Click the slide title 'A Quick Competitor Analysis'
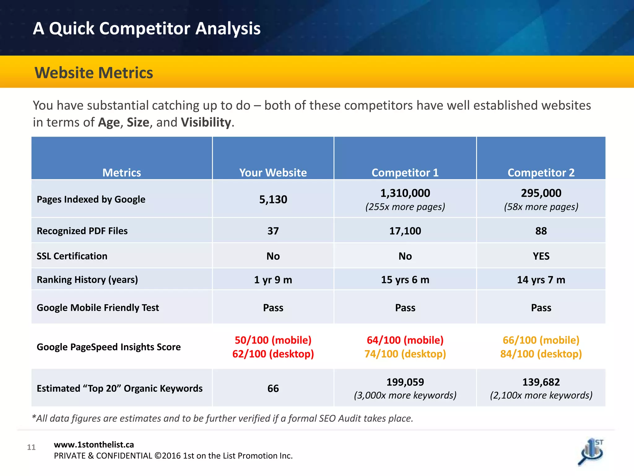(146, 29)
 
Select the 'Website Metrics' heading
(93, 73)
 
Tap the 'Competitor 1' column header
(405, 173)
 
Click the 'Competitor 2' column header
(541, 173)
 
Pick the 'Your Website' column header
(273, 173)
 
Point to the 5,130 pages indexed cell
(273, 199)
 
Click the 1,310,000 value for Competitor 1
(405, 193)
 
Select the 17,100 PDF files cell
(405, 231)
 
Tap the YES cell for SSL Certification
(541, 256)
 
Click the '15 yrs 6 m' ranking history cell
(405, 280)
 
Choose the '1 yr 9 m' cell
(273, 280)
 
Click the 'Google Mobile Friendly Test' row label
(98, 308)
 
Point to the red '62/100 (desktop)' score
(273, 354)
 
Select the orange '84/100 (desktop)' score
(541, 354)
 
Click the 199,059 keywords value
(405, 382)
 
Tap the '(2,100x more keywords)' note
(541, 395)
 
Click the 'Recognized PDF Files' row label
(82, 231)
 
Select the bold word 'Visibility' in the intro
(206, 122)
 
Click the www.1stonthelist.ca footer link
(94, 445)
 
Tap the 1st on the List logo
(591, 452)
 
